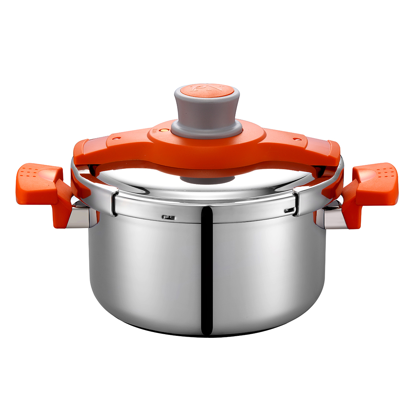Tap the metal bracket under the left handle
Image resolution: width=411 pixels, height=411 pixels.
click(x=78, y=217)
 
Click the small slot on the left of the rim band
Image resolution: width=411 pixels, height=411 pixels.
click(x=168, y=217)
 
